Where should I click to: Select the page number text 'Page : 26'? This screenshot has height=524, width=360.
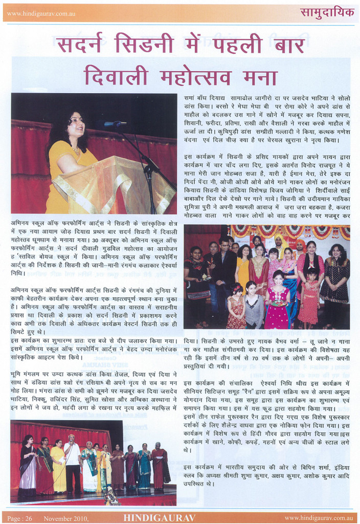click(20, 518)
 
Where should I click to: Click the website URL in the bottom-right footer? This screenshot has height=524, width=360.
click(320, 518)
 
